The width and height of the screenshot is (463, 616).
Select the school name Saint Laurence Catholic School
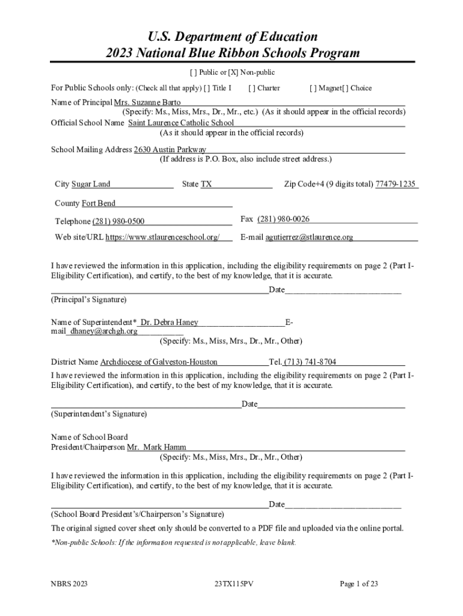[x=181, y=123]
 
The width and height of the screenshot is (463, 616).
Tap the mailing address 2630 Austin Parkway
[x=170, y=149]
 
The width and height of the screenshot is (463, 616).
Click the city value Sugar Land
[x=91, y=184]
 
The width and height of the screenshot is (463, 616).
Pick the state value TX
[x=206, y=184]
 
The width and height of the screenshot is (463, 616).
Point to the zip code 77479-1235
[x=396, y=184]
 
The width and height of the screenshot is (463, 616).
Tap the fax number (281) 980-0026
[x=283, y=219]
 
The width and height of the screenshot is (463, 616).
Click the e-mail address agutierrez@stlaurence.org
[x=309, y=237]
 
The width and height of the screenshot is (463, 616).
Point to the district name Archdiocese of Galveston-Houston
[x=159, y=362]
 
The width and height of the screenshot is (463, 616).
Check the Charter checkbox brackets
[x=251, y=88]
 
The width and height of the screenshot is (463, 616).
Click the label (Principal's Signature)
[x=88, y=300]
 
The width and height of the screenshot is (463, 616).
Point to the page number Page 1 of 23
[x=359, y=584]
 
